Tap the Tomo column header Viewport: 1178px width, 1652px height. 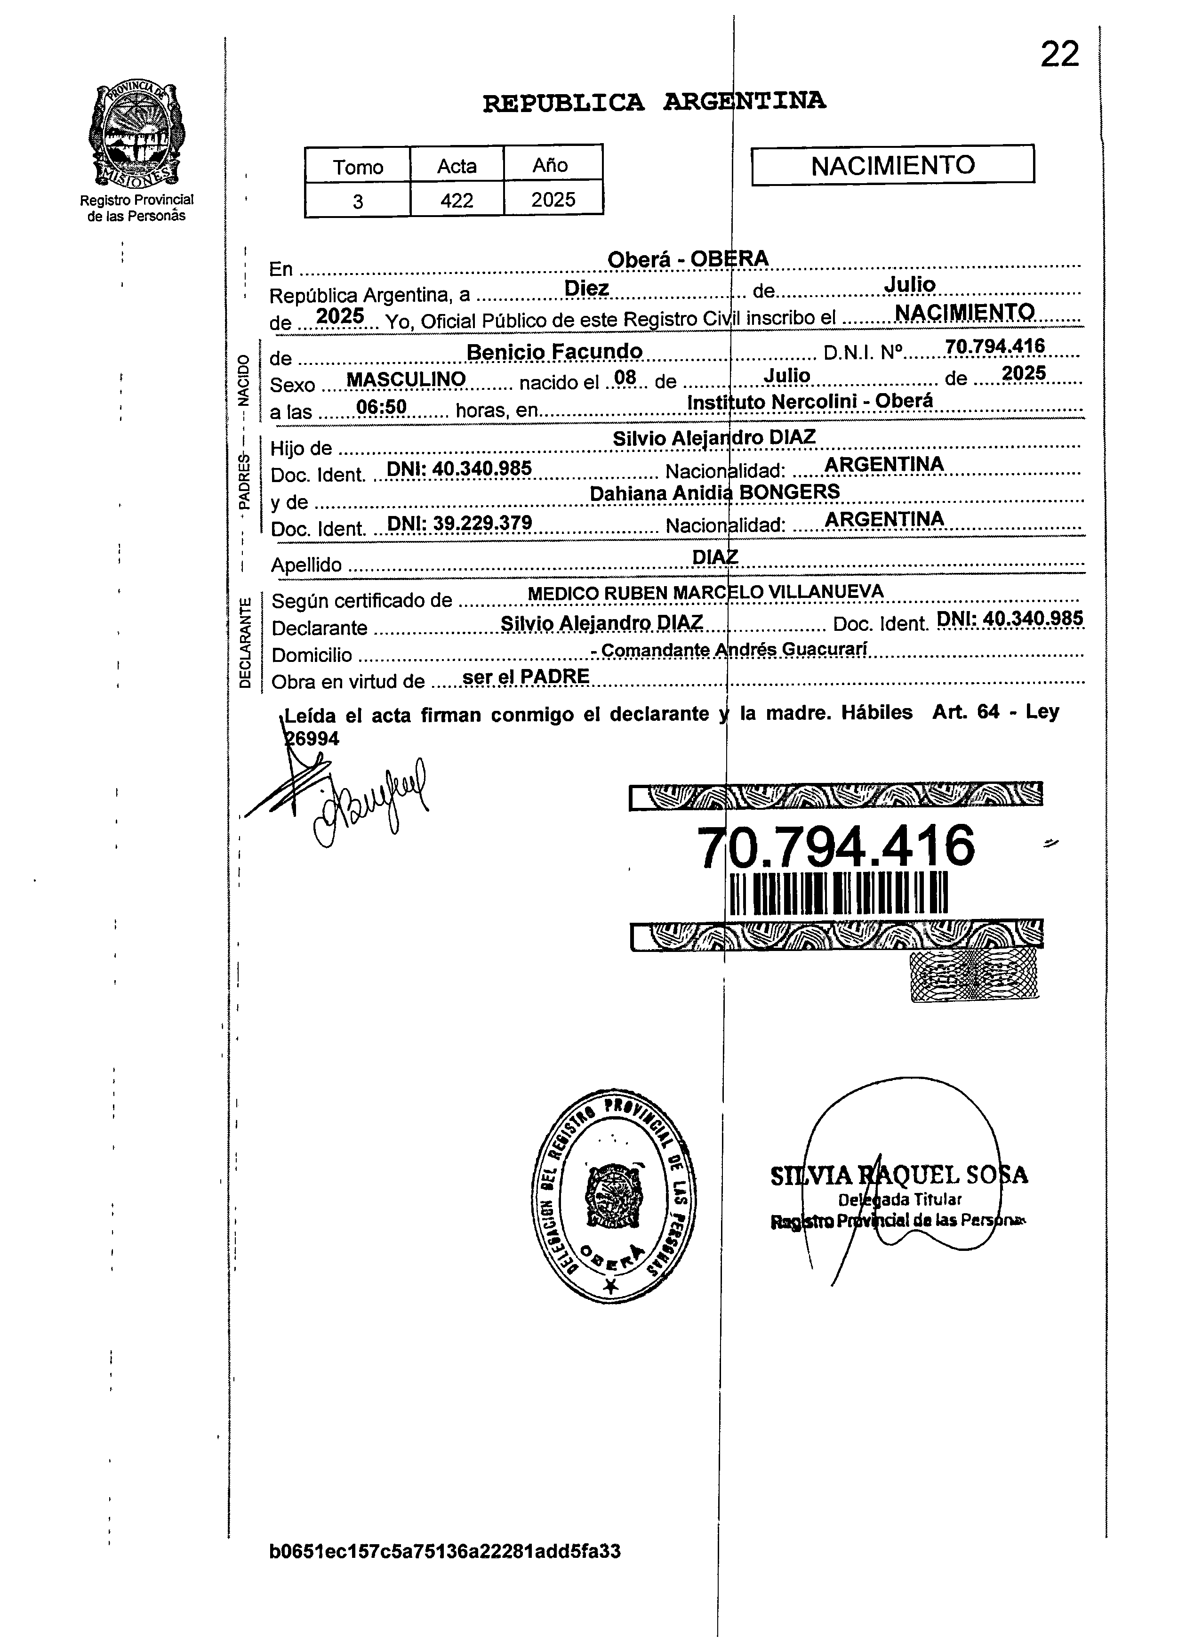(x=358, y=167)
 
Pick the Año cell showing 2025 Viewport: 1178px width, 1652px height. (x=553, y=200)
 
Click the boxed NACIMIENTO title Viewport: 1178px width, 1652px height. (x=892, y=165)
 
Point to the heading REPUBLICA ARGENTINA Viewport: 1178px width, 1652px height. (x=654, y=102)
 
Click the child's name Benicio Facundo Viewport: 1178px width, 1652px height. (x=554, y=352)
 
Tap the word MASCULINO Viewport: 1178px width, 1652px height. (x=406, y=379)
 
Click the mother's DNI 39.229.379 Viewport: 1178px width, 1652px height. (x=459, y=523)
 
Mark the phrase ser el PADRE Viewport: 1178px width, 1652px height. (x=525, y=676)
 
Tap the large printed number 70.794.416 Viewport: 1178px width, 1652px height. (x=836, y=846)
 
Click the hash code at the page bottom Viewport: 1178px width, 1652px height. (x=445, y=1552)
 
